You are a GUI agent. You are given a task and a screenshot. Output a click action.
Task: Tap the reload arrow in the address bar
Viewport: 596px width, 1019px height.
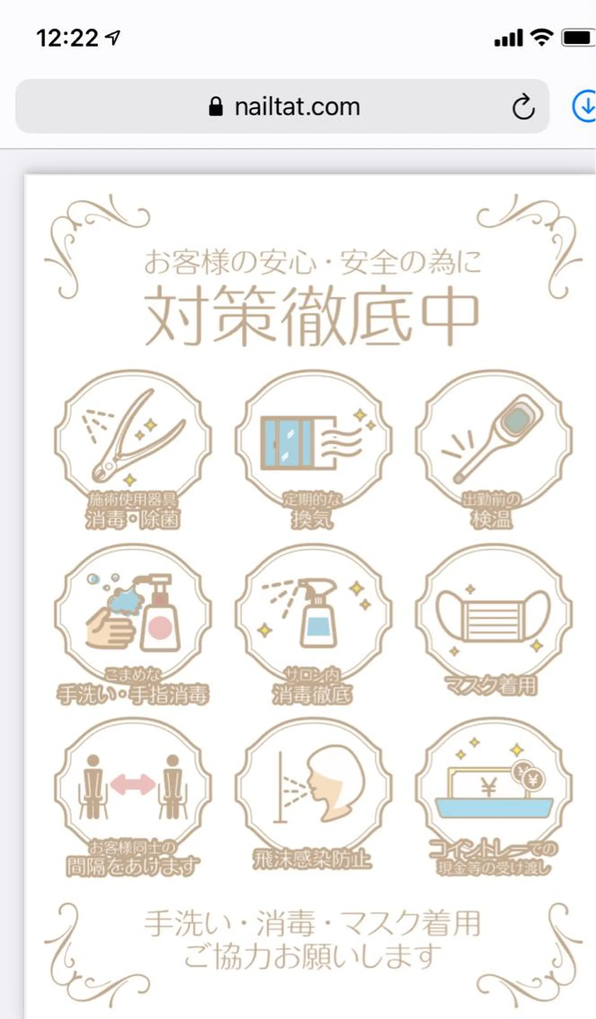[523, 107]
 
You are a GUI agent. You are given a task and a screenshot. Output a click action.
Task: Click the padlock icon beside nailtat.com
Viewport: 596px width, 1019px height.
[216, 107]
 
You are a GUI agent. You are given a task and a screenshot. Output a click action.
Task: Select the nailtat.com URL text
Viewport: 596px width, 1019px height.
[297, 107]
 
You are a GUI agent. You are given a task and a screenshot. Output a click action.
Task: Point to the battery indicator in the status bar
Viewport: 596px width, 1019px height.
[577, 38]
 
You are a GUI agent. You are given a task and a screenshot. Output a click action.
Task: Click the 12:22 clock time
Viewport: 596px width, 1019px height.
[67, 38]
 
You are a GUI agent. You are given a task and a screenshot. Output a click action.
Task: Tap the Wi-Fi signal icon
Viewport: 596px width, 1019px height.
[542, 38]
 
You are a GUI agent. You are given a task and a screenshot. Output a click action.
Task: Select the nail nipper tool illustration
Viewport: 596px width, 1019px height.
[133, 439]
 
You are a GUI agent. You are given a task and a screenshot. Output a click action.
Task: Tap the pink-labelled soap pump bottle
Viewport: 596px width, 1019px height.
[160, 618]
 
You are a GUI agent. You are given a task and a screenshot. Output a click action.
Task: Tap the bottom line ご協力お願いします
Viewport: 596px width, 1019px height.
[312, 956]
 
